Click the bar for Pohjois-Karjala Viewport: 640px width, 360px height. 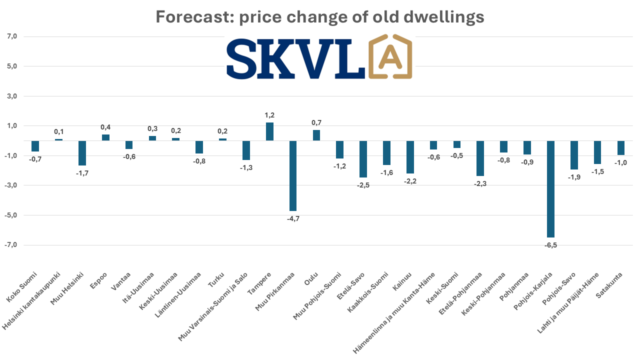pyautogui.click(x=550, y=189)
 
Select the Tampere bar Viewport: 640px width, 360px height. pyautogui.click(x=269, y=131)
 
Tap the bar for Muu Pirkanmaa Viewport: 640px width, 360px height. pyautogui.click(x=293, y=175)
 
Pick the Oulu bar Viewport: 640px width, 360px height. pyautogui.click(x=316, y=135)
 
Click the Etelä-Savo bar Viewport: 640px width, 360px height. pyautogui.click(x=363, y=159)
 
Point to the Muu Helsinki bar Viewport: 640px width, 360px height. pyautogui.click(x=82, y=153)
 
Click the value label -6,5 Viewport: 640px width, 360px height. pyautogui.click(x=550, y=245)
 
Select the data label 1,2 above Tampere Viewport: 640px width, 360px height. pyautogui.click(x=269, y=115)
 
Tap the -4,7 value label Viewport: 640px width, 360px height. pyautogui.click(x=293, y=218)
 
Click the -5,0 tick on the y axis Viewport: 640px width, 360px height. pyautogui.click(x=11, y=215)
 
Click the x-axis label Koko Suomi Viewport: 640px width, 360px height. pyautogui.click(x=22, y=287)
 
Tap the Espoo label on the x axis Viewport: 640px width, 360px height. pyautogui.click(x=100, y=280)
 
